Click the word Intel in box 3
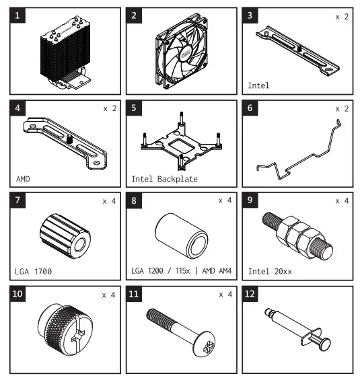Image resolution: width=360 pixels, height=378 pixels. (x=258, y=86)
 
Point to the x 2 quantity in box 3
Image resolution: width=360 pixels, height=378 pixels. (x=342, y=16)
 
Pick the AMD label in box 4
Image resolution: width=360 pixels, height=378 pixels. (x=24, y=180)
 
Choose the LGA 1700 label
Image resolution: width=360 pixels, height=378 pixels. (x=33, y=272)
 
